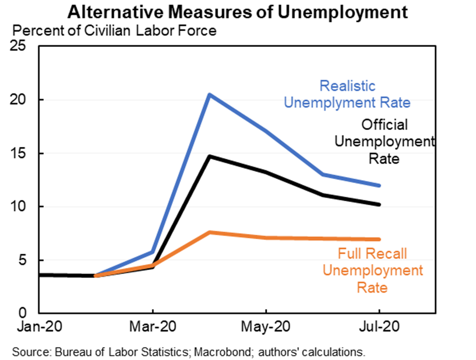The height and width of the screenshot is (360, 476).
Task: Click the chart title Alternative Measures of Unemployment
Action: click(238, 12)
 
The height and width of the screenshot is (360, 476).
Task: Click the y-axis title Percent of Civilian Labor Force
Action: click(114, 31)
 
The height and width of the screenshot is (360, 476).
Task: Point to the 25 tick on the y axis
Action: click(24, 46)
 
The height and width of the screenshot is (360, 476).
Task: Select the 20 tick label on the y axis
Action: click(24, 100)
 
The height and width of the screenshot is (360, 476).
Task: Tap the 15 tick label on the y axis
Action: click(24, 153)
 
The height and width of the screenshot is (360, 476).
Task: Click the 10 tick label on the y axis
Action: click(24, 207)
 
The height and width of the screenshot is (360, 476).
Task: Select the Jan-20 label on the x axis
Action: click(39, 327)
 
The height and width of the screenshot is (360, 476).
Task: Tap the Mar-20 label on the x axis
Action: click(152, 327)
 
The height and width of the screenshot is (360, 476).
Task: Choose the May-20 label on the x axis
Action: click(266, 327)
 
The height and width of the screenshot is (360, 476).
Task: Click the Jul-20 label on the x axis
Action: click(380, 327)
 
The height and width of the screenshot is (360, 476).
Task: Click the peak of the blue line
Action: click(210, 94)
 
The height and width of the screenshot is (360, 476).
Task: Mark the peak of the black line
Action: click(210, 156)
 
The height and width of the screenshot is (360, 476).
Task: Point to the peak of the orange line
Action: click(210, 232)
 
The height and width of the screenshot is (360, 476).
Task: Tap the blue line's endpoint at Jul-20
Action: click(379, 185)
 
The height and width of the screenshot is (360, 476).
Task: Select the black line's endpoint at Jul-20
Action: click(379, 204)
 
